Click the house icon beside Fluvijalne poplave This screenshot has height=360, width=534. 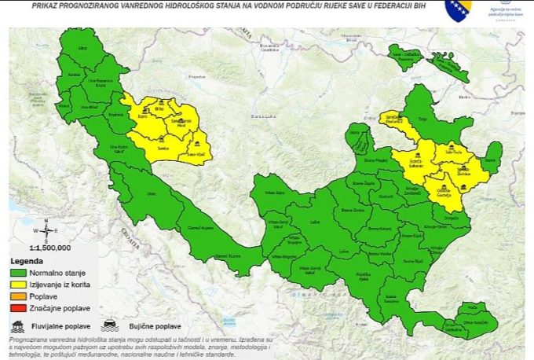tap(17, 324)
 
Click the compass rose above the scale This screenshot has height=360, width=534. tap(46, 231)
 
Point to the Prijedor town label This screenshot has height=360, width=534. tap(196, 76)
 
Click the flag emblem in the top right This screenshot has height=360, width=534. tap(459, 9)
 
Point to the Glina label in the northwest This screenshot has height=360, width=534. tap(82, 49)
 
